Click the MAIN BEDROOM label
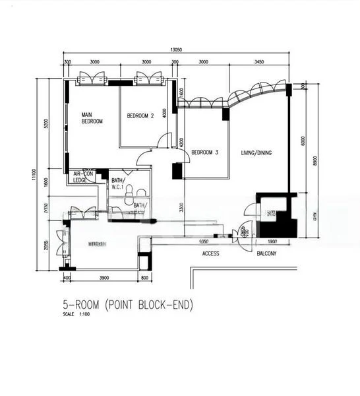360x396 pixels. click(92, 117)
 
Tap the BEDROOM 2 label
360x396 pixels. click(140, 116)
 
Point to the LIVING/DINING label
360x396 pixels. click(256, 153)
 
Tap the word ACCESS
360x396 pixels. click(210, 253)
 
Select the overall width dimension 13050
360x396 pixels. click(175, 50)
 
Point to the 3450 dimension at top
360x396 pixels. click(258, 61)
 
